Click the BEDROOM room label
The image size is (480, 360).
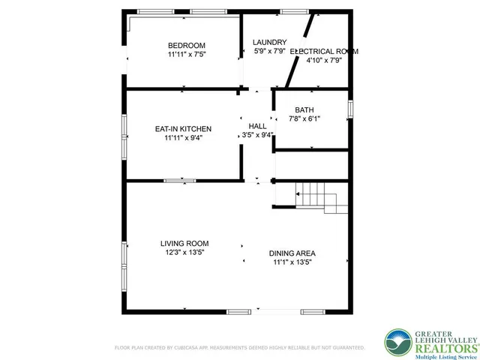(187, 45)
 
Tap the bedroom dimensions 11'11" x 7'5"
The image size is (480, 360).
(187, 55)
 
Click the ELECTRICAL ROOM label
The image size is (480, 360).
(324, 52)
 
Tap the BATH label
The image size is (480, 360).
(304, 109)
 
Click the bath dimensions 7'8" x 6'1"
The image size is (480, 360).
(304, 118)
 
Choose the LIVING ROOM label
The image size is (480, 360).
(184, 244)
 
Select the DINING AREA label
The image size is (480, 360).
(292, 253)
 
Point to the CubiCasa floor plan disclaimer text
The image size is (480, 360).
(239, 348)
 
